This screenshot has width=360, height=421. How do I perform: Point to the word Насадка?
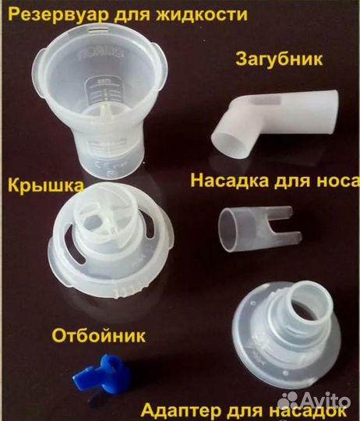[x=226, y=182]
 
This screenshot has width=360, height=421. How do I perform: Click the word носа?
[x=334, y=182]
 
